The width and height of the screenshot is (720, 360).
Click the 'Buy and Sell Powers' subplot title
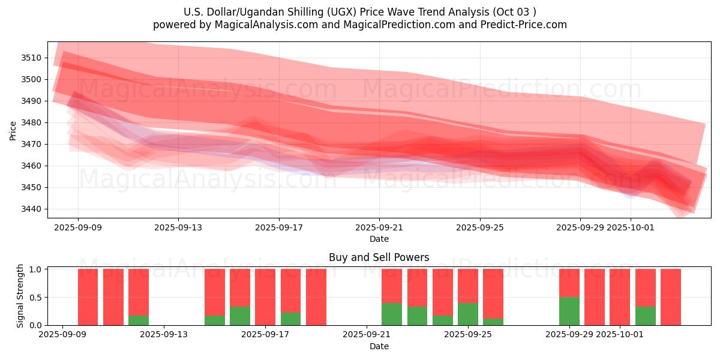(x=379, y=257)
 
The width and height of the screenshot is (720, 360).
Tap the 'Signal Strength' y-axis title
(x=20, y=296)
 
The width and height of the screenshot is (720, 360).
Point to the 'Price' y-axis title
(x=13, y=130)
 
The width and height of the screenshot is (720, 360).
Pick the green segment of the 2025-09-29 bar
(x=569, y=311)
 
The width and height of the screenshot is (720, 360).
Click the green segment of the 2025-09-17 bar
(x=290, y=319)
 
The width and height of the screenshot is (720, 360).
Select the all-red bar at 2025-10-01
(x=620, y=297)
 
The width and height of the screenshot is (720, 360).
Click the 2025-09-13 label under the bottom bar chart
(x=164, y=335)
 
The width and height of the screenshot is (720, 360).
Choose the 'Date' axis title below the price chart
(x=379, y=239)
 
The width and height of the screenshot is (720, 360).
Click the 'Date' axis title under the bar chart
(x=379, y=346)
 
